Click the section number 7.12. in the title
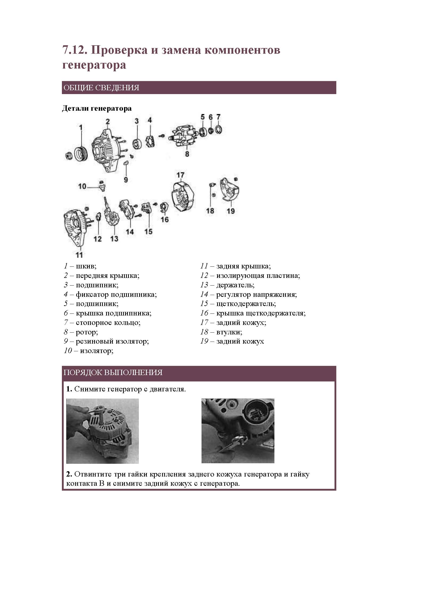74,50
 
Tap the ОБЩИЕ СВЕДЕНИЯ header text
101,88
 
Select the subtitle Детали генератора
97,108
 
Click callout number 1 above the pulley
81,127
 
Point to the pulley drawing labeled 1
81,154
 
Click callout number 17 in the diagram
180,175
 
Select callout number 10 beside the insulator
82,186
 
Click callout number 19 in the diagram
231,211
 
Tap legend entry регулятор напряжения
256,295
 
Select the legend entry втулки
229,332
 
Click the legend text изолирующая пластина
258,276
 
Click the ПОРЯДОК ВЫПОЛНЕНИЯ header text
113,373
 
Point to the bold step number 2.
69,474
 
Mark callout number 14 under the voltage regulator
130,232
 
